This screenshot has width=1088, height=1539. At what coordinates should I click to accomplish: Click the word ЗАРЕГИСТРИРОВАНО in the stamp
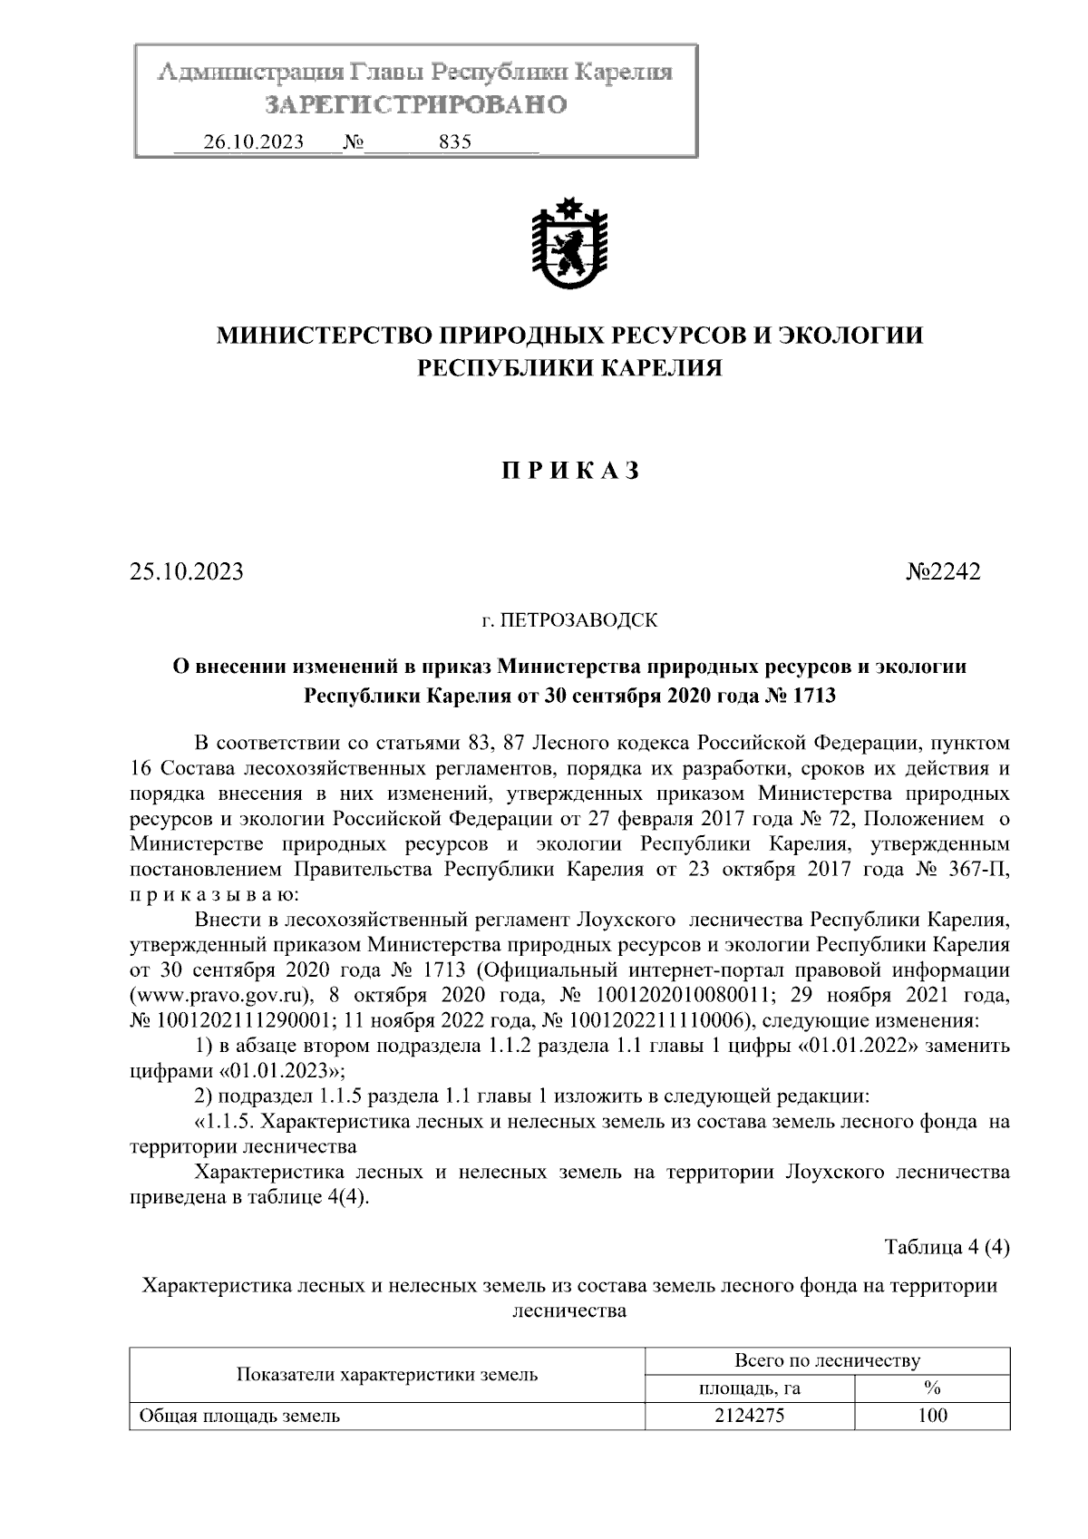tap(415, 105)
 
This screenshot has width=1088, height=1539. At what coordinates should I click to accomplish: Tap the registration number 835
tap(454, 142)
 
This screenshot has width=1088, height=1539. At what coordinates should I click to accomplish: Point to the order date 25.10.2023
tap(187, 572)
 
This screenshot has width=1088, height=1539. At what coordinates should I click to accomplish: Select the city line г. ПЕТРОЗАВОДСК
tap(568, 621)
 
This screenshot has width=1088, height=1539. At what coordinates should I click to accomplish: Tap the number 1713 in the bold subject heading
tap(812, 696)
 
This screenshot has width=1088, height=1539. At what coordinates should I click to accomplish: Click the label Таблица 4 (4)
tap(947, 1247)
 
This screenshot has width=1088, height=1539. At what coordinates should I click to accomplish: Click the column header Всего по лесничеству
tap(826, 1360)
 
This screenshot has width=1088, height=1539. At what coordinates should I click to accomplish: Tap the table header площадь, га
tap(749, 1388)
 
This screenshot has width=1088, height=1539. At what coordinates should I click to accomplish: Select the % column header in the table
tap(931, 1388)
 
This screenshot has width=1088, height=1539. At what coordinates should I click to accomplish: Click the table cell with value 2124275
tap(749, 1416)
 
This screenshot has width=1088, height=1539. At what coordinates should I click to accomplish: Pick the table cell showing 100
tap(931, 1416)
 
